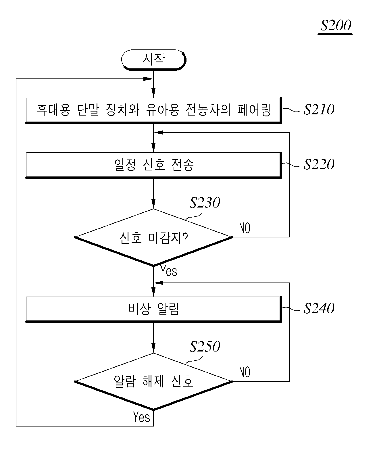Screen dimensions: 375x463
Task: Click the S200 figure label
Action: click(x=335, y=25)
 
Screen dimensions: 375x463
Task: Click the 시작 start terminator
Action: click(x=154, y=60)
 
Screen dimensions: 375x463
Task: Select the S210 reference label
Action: click(x=319, y=109)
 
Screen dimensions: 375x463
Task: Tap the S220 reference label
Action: click(x=319, y=164)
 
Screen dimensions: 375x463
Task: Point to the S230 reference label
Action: click(x=205, y=203)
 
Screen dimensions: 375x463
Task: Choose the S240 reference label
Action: click(x=319, y=308)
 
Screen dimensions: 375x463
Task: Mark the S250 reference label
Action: click(x=205, y=347)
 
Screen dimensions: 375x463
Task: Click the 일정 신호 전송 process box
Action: click(x=154, y=166)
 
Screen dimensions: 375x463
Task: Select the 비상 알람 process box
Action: click(x=154, y=309)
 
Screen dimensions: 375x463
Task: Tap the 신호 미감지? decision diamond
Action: click(x=154, y=237)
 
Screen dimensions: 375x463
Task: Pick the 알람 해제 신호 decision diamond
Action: click(x=154, y=382)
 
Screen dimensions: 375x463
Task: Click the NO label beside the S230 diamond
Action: click(x=245, y=228)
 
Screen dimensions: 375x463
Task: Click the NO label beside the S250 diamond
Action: click(x=245, y=372)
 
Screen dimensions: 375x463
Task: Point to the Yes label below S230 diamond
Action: click(x=169, y=271)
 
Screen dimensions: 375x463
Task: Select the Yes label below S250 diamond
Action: click(x=141, y=417)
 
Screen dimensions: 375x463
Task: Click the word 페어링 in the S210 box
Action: click(x=254, y=110)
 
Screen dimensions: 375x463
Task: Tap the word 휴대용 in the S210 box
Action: click(x=53, y=110)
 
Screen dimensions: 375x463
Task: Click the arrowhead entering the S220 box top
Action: click(x=153, y=148)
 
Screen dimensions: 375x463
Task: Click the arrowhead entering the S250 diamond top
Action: click(x=153, y=348)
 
